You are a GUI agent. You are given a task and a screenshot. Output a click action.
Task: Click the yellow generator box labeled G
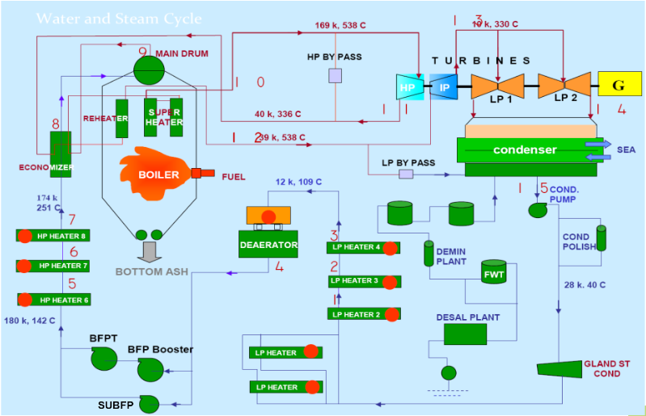pyautogui.click(x=619, y=84)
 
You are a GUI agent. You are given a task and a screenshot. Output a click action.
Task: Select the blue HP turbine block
pyautogui.click(x=407, y=86)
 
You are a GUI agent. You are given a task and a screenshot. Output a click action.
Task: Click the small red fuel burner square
pyautogui.click(x=196, y=173)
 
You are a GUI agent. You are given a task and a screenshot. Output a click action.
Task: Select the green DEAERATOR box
pyautogui.click(x=269, y=244)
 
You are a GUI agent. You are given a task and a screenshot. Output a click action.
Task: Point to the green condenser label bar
pyautogui.click(x=526, y=149)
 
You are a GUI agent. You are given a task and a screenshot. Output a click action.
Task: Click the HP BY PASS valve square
pyautogui.click(x=336, y=75)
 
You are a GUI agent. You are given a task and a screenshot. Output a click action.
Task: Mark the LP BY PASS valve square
pyautogui.click(x=406, y=174)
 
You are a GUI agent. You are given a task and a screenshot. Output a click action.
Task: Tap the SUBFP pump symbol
pyautogui.click(x=149, y=402)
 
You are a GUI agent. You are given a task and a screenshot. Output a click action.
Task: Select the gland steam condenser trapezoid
pyautogui.click(x=560, y=370)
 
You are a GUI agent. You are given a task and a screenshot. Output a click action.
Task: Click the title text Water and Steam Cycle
pyautogui.click(x=119, y=19)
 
